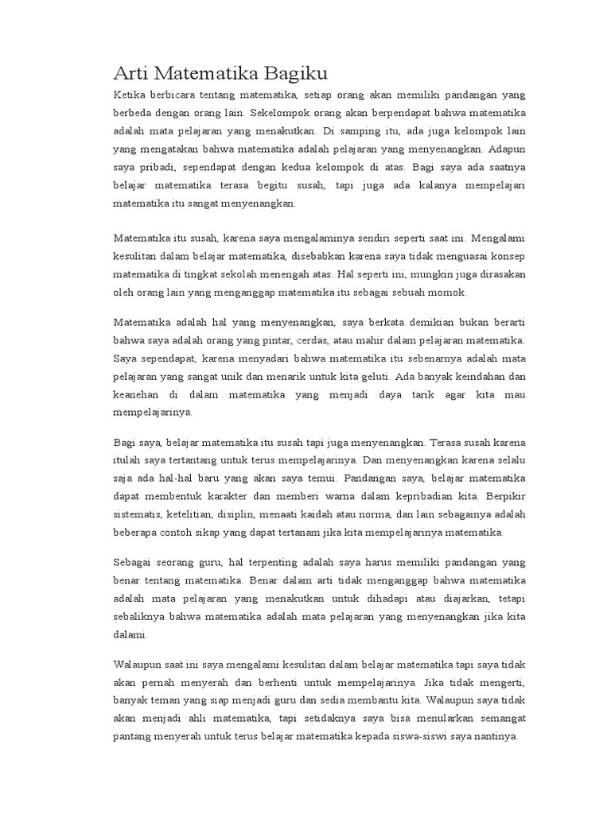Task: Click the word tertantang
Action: [213, 460]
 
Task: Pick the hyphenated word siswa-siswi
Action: [435, 737]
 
